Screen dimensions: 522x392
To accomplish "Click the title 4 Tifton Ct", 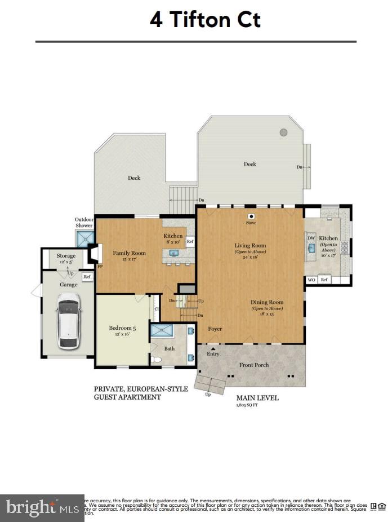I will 205,20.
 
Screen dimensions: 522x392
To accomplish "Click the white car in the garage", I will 68,320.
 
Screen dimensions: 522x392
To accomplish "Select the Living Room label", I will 250,246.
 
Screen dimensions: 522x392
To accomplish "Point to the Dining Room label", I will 267,302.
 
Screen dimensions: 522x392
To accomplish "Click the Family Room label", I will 129,253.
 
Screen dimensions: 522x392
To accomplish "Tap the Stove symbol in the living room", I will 251,216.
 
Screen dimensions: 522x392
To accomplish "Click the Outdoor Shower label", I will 84,222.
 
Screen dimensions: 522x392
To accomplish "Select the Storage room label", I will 66,256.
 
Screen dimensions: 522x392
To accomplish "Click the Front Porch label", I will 254,365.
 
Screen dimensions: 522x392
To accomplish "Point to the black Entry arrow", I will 213,348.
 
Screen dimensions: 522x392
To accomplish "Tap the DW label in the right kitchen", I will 311,238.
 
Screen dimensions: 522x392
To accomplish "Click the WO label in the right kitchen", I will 311,280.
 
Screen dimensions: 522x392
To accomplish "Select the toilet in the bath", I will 154,359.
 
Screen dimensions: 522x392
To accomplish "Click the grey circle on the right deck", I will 284,132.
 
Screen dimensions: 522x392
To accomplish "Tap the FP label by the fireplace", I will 100,267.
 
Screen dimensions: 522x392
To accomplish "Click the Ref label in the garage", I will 87,277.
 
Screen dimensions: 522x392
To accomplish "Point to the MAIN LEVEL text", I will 257,398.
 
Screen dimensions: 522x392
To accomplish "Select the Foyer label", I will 215,329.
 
